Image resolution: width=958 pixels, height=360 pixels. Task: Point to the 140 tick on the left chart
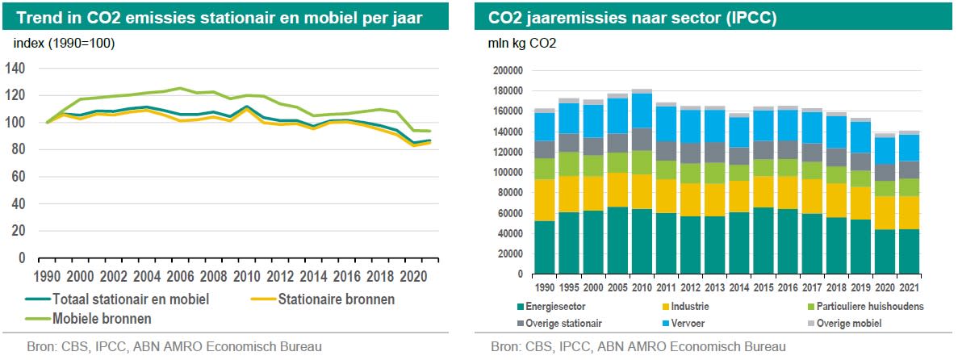click(x=16, y=69)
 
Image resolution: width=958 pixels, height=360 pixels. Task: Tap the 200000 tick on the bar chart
click(x=507, y=71)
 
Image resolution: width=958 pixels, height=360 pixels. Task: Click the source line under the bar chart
click(x=638, y=347)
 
